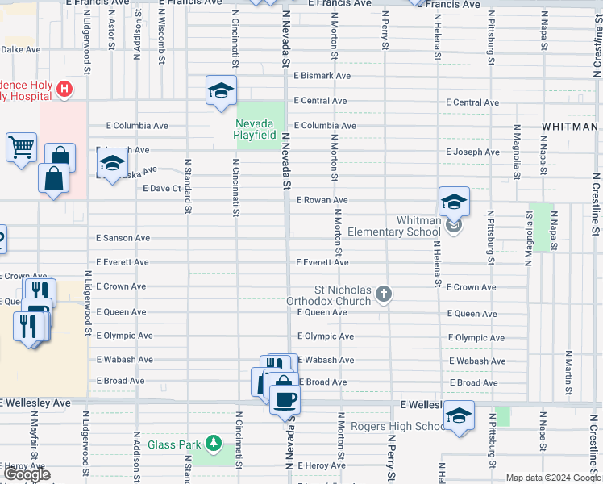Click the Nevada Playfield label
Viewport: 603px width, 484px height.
click(x=255, y=129)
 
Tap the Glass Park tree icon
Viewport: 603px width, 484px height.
click(x=213, y=444)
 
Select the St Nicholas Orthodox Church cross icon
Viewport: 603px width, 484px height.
click(x=384, y=294)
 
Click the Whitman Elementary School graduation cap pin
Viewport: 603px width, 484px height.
click(x=454, y=202)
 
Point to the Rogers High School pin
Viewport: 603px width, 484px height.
click(x=459, y=415)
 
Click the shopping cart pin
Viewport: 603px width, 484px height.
click(x=21, y=148)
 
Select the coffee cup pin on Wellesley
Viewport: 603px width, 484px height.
click(x=284, y=398)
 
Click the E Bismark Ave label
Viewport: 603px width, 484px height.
click(x=322, y=76)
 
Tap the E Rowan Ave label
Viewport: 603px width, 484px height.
click(x=322, y=200)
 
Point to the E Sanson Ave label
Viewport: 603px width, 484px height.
click(x=123, y=238)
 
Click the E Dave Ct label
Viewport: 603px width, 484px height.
click(x=160, y=188)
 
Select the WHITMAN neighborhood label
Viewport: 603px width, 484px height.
click(x=569, y=127)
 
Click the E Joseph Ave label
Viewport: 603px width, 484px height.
click(x=472, y=152)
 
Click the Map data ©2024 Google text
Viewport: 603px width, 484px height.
click(x=554, y=478)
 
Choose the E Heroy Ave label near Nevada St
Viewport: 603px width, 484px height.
click(x=321, y=465)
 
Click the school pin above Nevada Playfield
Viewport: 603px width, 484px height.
click(x=220, y=91)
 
